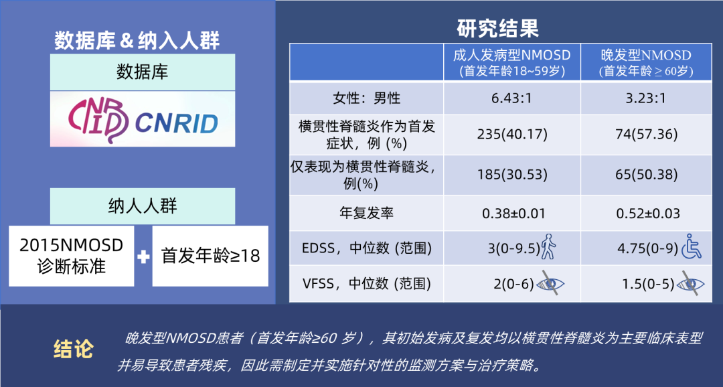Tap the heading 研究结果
[497, 28]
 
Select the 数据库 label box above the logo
[143, 72]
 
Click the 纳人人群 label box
[143, 206]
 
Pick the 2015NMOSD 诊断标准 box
[72, 256]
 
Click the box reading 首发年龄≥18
[210, 256]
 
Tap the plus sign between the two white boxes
[143, 256]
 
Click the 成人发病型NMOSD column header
[511, 62]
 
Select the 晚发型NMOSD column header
[645, 62]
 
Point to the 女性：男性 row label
[366, 98]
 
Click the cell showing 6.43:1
[511, 98]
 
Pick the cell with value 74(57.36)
[645, 134]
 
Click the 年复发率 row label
[366, 214]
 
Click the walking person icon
[548, 247]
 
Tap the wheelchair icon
[691, 247]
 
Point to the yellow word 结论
[73, 349]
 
